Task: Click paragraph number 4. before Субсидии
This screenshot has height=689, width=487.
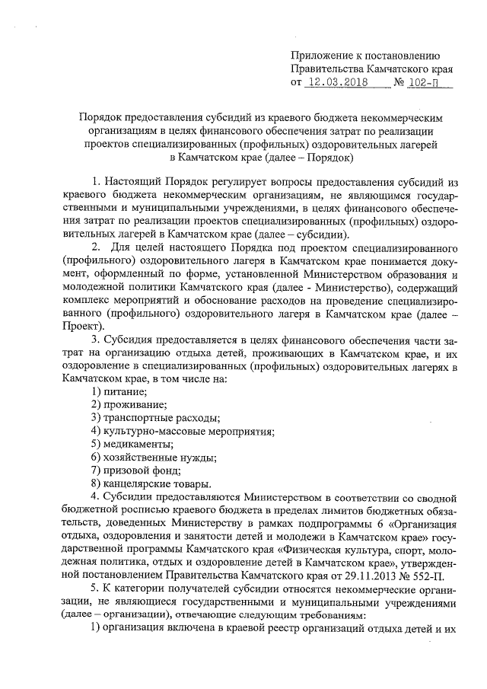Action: [x=95, y=498]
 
